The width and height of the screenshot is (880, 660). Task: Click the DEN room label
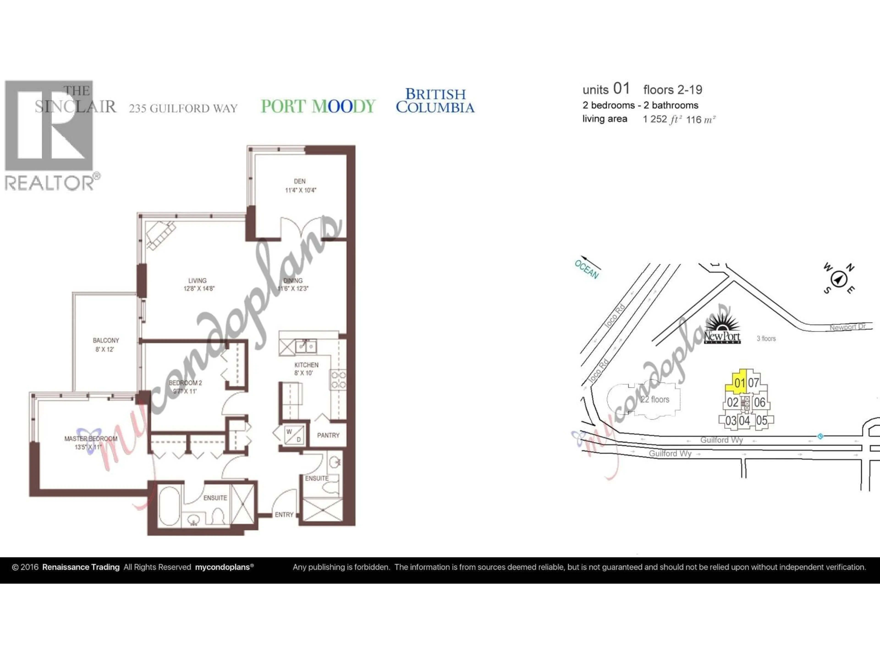(300, 181)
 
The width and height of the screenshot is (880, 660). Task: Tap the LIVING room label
(197, 280)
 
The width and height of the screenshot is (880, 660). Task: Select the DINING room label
(293, 280)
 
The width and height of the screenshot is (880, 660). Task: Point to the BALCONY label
(106, 341)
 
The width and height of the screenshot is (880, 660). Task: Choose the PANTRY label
(328, 435)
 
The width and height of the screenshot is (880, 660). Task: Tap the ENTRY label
(284, 515)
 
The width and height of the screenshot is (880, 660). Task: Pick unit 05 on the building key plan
(762, 421)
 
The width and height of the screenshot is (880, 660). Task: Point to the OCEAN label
(586, 269)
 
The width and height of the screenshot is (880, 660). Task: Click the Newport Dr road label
(847, 327)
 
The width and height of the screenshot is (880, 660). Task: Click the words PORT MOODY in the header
(318, 106)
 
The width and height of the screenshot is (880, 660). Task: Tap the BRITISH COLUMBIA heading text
(435, 101)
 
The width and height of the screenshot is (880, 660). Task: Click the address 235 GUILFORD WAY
(183, 108)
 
